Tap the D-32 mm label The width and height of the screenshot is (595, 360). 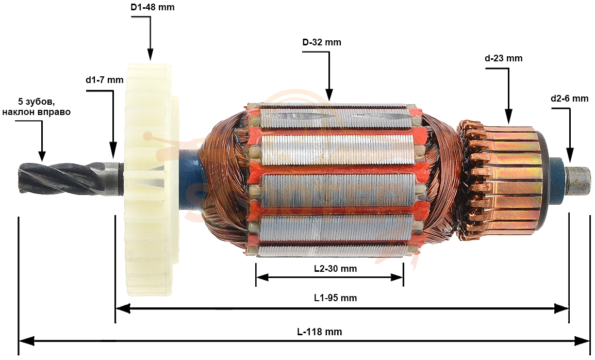pyautogui.click(x=322, y=42)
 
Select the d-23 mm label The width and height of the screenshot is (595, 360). pyautogui.click(x=504, y=58)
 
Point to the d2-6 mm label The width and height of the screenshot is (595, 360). pyautogui.click(x=570, y=99)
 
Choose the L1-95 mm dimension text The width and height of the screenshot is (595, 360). pyautogui.click(x=336, y=298)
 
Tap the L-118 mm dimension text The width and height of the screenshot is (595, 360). pyautogui.click(x=320, y=332)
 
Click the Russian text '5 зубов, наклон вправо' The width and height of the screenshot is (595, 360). pyautogui.click(x=37, y=107)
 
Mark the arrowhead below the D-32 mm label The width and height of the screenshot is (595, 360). pyautogui.click(x=329, y=95)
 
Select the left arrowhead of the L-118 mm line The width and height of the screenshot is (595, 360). pyautogui.click(x=26, y=341)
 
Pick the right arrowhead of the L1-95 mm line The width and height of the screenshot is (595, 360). pyautogui.click(x=561, y=308)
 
